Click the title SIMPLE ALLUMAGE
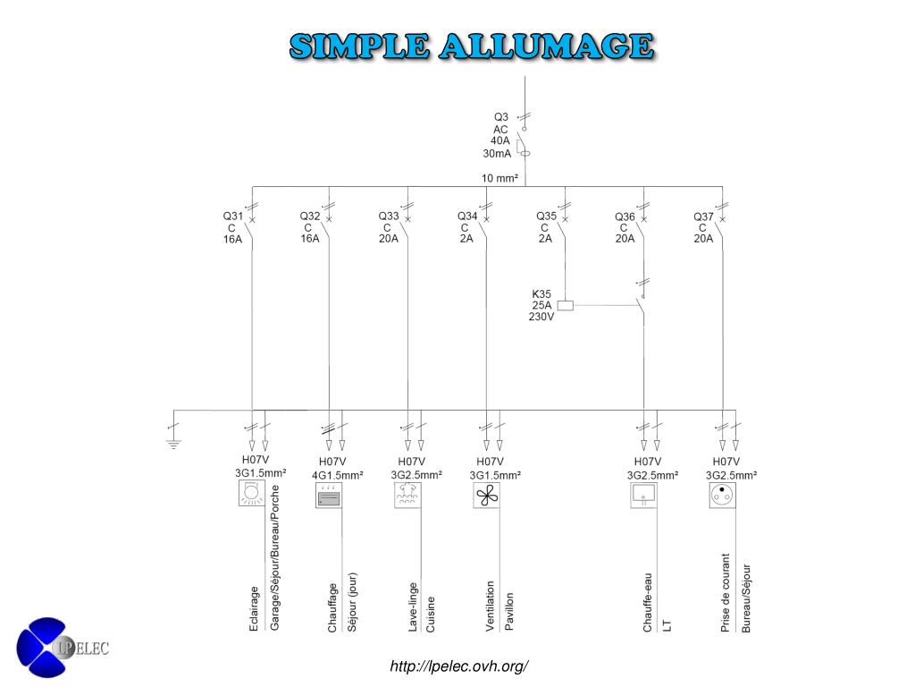coord(471,46)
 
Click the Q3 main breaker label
coord(501,117)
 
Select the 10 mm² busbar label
coord(500,178)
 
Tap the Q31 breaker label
coord(232,216)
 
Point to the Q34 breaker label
coord(467,216)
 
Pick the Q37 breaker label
coord(703,216)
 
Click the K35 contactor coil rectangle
coord(565,305)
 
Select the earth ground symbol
coord(173,441)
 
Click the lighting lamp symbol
coord(252,494)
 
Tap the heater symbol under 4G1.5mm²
coord(329,496)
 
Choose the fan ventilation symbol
coord(486,496)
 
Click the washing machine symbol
coord(407,496)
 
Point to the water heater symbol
coord(643,494)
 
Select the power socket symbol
coord(722,494)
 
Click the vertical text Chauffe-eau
coord(648,602)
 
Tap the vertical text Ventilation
coord(491,606)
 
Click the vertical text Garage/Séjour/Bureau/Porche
coord(274,558)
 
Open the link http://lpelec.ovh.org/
coord(459,666)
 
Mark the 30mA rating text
coord(497,153)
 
